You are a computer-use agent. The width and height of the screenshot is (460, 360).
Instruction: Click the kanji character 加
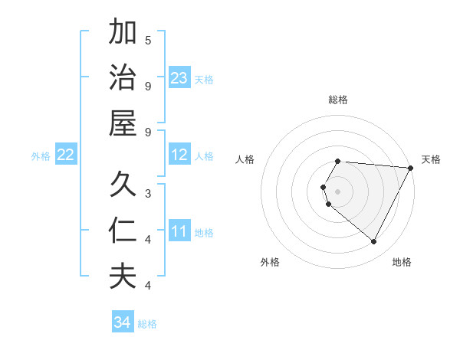tap(122, 33)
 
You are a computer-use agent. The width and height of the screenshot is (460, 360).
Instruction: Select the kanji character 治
tap(122, 78)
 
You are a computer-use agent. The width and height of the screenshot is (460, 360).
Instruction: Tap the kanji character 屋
tap(122, 123)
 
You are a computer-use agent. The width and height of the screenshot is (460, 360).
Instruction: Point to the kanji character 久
tap(122, 185)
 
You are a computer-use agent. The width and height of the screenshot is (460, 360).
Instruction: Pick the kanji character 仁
tap(122, 231)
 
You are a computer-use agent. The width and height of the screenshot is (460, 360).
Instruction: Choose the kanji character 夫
tap(122, 277)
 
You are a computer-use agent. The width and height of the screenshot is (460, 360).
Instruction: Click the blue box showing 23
tap(179, 78)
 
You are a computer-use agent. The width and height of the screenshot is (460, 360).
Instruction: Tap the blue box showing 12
tap(179, 155)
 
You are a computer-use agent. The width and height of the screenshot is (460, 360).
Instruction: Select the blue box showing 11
tap(179, 232)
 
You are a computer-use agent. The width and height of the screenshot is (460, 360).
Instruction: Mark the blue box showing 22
tap(66, 155)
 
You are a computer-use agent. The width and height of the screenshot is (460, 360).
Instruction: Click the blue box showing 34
tap(123, 322)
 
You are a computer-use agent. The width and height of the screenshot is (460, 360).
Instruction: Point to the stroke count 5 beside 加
tap(148, 40)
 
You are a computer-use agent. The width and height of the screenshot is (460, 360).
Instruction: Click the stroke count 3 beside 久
tap(148, 193)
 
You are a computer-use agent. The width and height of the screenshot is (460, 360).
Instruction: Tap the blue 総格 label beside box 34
tap(147, 324)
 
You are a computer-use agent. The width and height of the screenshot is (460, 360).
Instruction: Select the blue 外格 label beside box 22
tap(41, 156)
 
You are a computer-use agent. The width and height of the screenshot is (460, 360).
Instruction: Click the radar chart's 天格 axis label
tap(431, 159)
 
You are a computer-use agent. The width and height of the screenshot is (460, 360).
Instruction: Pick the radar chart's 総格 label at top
tap(338, 100)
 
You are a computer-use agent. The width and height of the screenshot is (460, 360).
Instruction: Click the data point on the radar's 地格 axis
tap(374, 241)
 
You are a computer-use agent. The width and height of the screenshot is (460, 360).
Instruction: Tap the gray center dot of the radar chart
tap(338, 191)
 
